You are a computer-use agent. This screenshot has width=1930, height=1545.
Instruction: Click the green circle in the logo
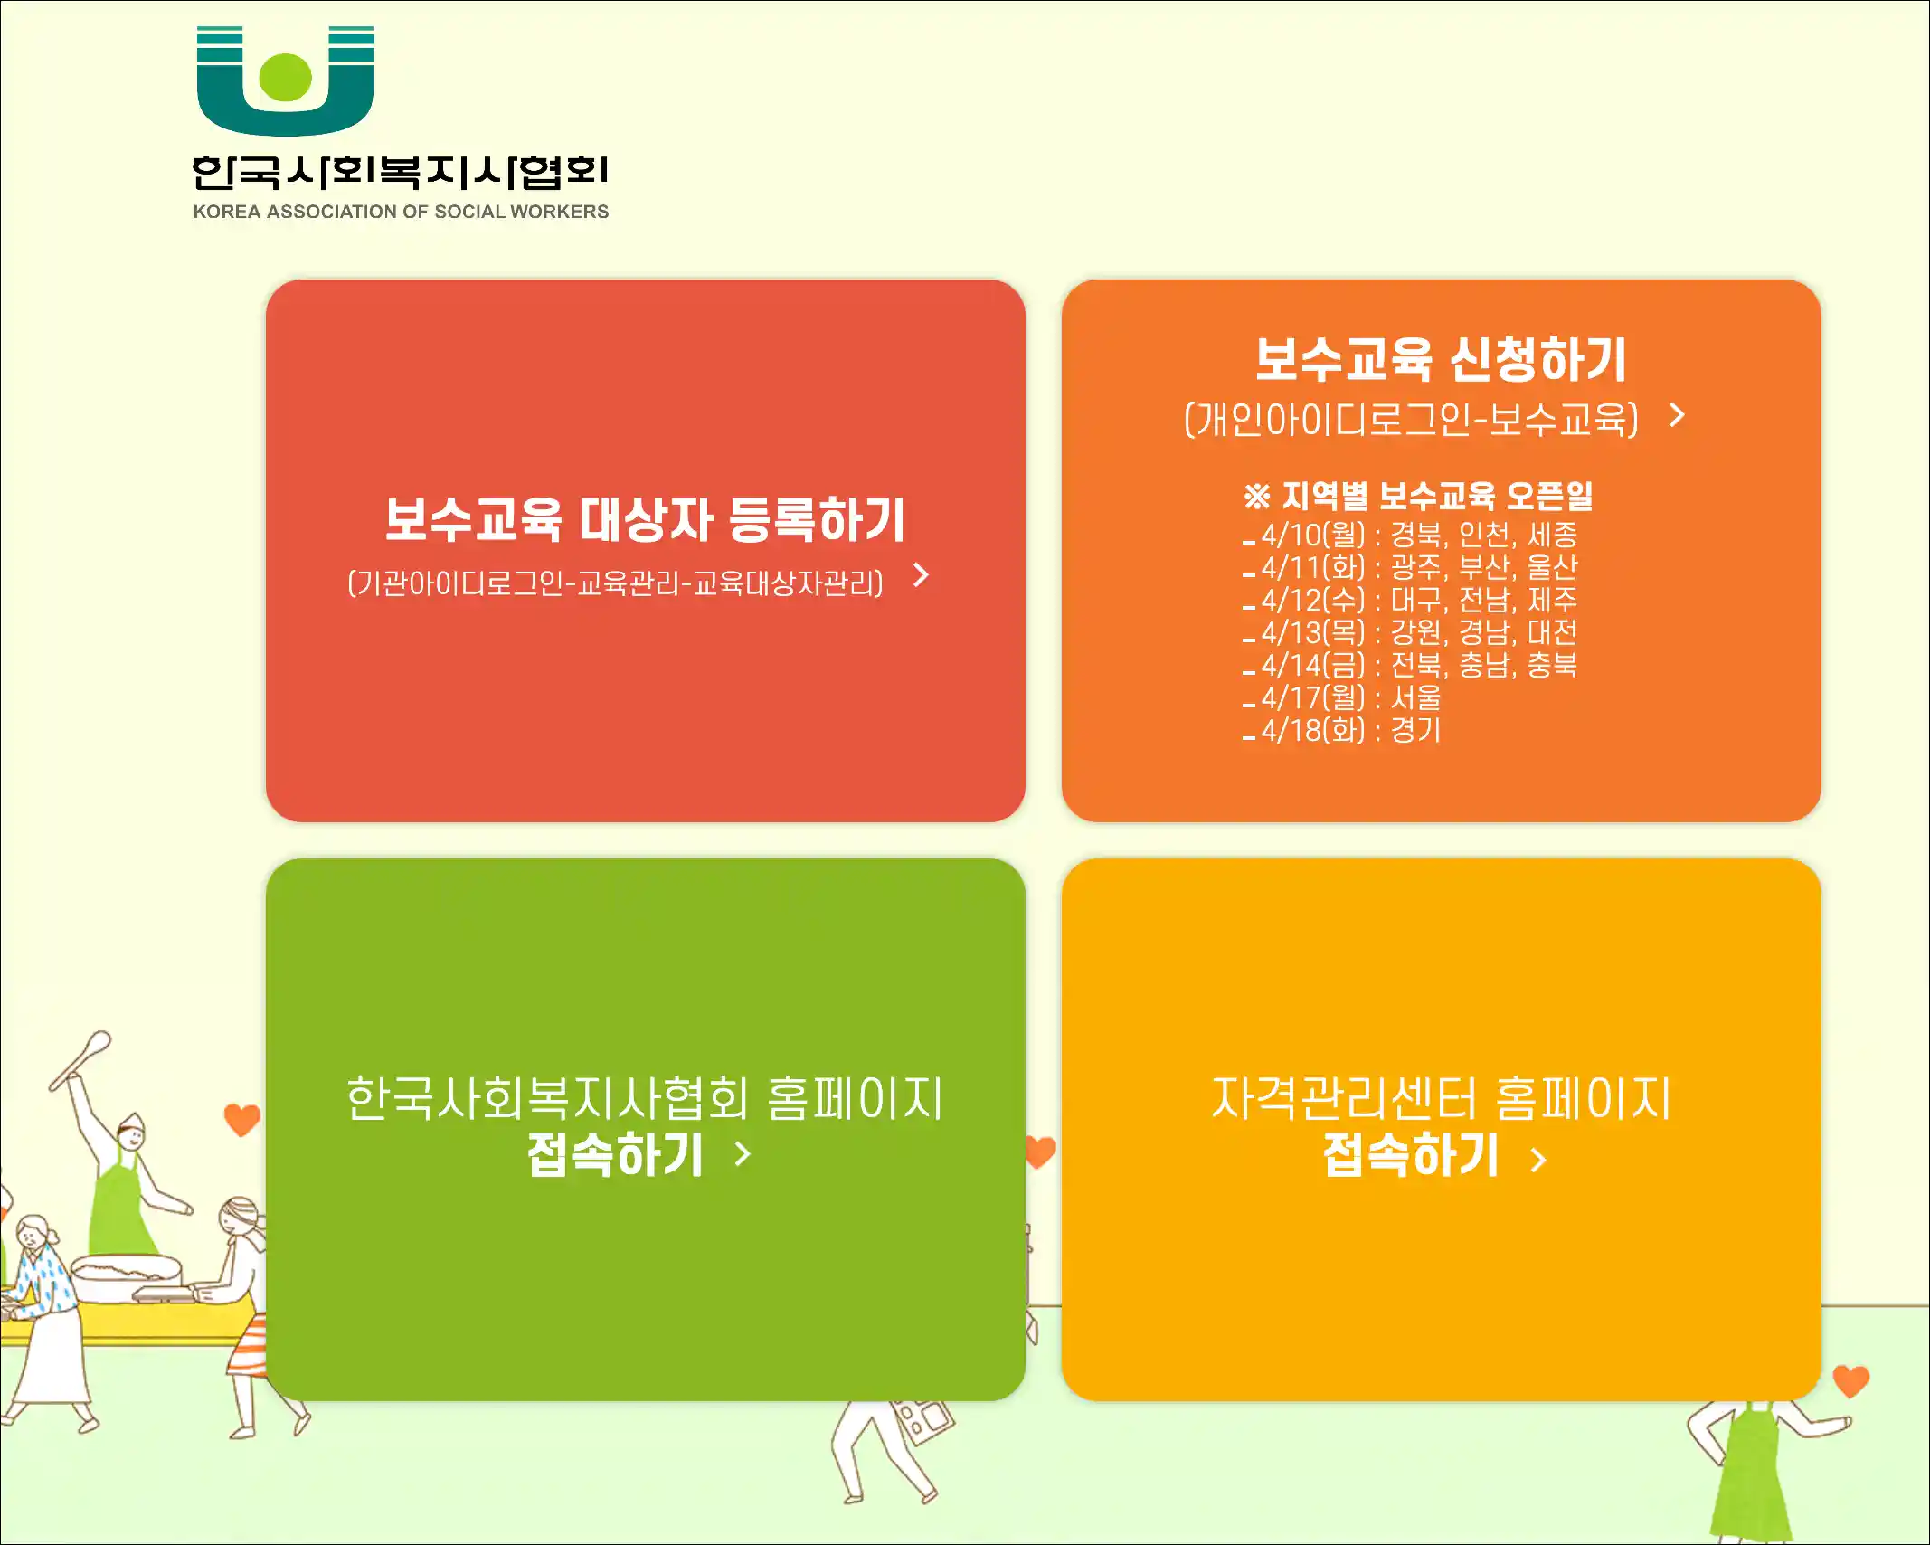[x=285, y=77]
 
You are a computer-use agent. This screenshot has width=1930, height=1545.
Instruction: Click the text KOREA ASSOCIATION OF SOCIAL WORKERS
[x=401, y=212]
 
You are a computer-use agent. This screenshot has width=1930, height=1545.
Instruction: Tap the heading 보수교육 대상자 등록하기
[x=645, y=519]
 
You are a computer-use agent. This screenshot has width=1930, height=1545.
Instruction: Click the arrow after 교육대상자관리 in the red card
[x=922, y=575]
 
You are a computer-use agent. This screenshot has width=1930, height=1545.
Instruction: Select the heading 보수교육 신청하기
[x=1441, y=359]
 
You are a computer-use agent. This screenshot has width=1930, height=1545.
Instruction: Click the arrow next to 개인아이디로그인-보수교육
[x=1678, y=415]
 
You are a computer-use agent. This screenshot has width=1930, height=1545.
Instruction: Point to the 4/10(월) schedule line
[x=1410, y=535]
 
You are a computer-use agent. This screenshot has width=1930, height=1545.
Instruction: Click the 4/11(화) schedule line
[x=1410, y=567]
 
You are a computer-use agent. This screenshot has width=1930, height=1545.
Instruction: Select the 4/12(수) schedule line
[x=1410, y=600]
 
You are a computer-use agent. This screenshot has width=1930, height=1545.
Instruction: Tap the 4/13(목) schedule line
[x=1410, y=632]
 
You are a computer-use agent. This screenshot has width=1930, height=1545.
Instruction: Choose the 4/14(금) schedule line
[x=1410, y=665]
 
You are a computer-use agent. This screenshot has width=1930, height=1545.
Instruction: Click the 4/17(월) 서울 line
[x=1342, y=697]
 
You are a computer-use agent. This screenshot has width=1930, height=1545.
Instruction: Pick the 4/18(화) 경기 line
[x=1342, y=730]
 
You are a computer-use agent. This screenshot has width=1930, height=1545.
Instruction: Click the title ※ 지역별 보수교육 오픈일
[x=1418, y=496]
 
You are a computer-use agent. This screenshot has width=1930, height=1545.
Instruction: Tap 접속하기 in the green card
[x=615, y=1155]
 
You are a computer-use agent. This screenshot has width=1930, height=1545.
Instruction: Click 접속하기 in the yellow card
[x=1411, y=1155]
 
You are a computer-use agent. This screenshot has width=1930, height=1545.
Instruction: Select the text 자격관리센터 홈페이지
[x=1441, y=1098]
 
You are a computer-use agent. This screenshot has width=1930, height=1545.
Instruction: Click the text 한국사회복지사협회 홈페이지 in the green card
[x=645, y=1098]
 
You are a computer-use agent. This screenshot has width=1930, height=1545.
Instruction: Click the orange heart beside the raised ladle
[x=241, y=1120]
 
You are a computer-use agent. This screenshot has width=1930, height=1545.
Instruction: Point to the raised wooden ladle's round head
[x=97, y=1044]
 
